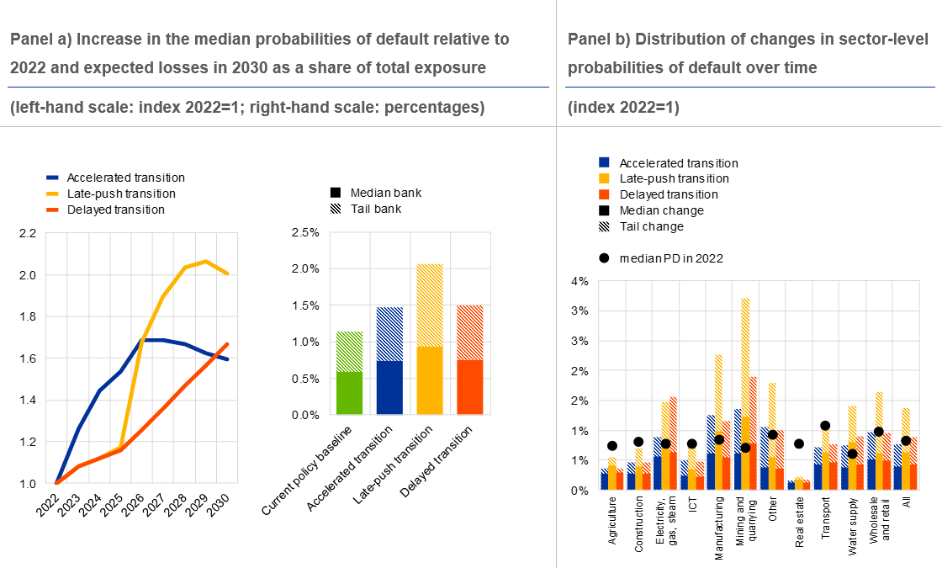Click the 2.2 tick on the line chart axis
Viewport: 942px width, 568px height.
click(27, 233)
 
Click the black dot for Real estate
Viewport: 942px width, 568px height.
click(799, 443)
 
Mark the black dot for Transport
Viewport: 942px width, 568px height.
click(825, 426)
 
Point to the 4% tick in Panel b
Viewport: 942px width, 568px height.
click(579, 281)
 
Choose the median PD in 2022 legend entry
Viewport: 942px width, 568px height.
click(668, 257)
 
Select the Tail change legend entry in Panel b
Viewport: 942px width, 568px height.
click(650, 226)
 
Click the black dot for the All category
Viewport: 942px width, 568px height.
click(906, 440)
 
